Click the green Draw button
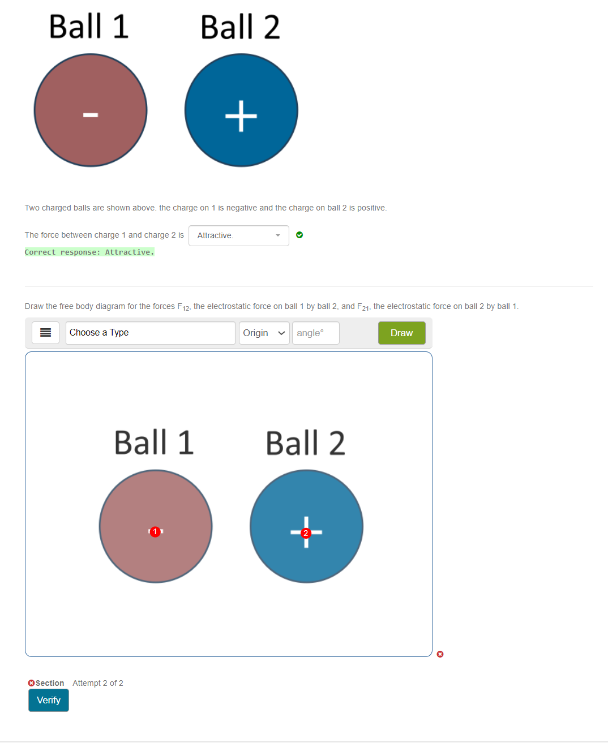tap(401, 333)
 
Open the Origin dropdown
tap(264, 333)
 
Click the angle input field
tap(315, 333)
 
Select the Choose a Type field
tap(150, 333)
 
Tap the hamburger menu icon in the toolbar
tap(45, 333)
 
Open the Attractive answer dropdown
tap(238, 235)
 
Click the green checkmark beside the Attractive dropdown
tap(299, 235)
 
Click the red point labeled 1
tap(155, 532)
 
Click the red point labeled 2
tap(306, 533)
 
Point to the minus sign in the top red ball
tap(91, 115)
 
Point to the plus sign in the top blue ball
tap(241, 116)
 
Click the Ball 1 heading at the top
tap(89, 27)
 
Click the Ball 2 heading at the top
tap(240, 27)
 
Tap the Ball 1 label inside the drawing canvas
tap(154, 443)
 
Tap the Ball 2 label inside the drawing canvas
tap(305, 443)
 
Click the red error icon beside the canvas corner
tap(440, 654)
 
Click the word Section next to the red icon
tap(50, 683)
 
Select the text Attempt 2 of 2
tap(98, 683)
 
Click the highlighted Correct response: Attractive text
tap(89, 252)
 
